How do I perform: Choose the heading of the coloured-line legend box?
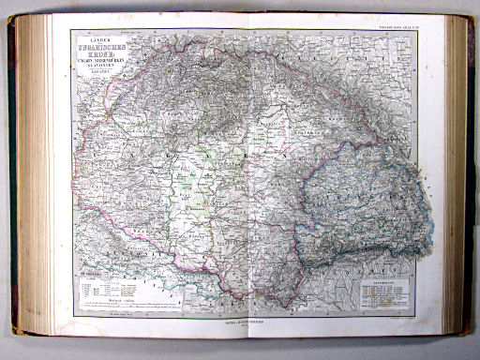[x=384, y=279]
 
